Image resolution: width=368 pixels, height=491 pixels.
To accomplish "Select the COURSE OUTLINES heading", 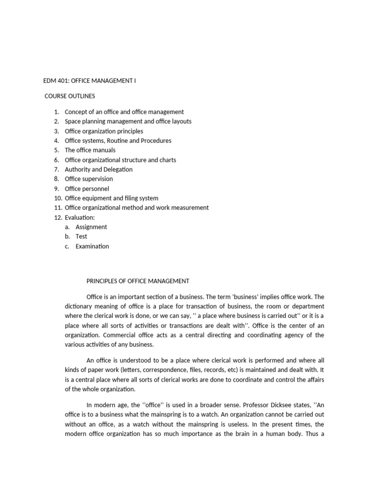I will (x=69, y=96).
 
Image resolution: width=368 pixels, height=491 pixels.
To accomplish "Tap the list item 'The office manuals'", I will (x=90, y=150).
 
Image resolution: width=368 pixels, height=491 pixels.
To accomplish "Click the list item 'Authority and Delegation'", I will (x=99, y=169).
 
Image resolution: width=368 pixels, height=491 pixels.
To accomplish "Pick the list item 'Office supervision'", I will (x=89, y=179).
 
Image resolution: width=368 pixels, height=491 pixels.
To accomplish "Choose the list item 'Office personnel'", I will (x=87, y=188).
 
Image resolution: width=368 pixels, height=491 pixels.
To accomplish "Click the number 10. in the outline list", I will (x=57, y=198).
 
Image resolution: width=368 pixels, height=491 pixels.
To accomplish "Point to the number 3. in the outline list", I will (x=57, y=131).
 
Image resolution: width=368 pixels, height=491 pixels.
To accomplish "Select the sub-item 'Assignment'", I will (x=91, y=227).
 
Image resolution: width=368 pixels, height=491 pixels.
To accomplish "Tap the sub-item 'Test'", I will (x=81, y=236).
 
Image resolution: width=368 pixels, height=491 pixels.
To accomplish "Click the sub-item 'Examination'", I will (x=92, y=246).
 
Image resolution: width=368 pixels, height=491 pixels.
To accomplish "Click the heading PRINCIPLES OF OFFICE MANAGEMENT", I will (x=138, y=281).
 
